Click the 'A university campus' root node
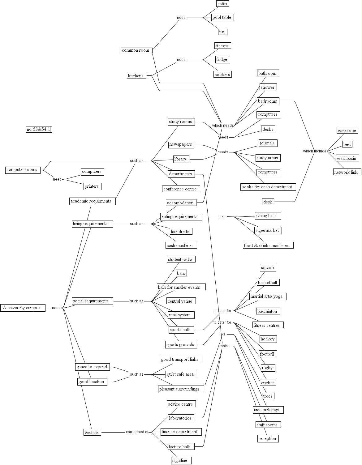[x=23, y=308]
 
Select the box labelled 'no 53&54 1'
[x=39, y=129]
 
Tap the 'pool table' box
[x=222, y=18]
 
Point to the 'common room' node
[x=136, y=50]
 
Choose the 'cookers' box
[x=222, y=75]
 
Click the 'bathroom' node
[x=268, y=73]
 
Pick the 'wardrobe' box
[x=347, y=130]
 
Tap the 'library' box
[x=181, y=159]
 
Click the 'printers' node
[x=92, y=186]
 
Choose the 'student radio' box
[x=181, y=259]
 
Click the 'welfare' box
[x=92, y=433]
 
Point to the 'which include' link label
[x=315, y=151]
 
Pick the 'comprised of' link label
[x=137, y=432]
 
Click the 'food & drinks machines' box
[x=268, y=245]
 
